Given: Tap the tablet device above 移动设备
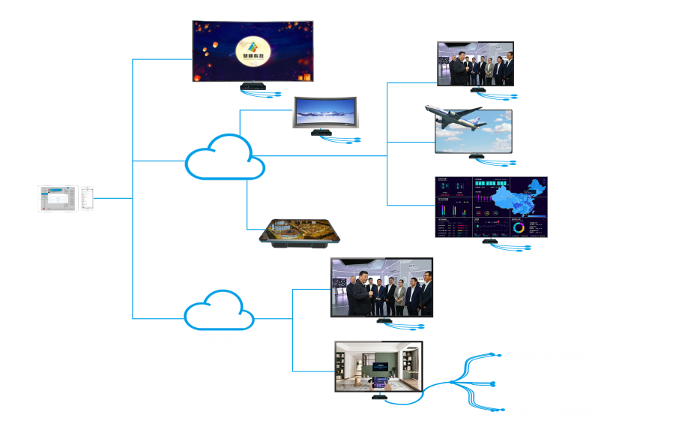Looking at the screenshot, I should pos(58,199).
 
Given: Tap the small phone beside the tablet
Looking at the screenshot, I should pos(88,199).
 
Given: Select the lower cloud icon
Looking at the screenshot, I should pos(220,310).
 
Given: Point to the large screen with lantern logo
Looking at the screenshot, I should pos(253,51).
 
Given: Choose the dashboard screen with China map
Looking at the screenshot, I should pos(491,207).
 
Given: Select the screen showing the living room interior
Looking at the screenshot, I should pos(378,367).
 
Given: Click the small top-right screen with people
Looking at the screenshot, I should pos(475,64).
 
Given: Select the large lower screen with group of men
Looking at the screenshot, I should pos(381,288).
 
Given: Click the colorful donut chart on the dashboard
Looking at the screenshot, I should pos(519,227).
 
